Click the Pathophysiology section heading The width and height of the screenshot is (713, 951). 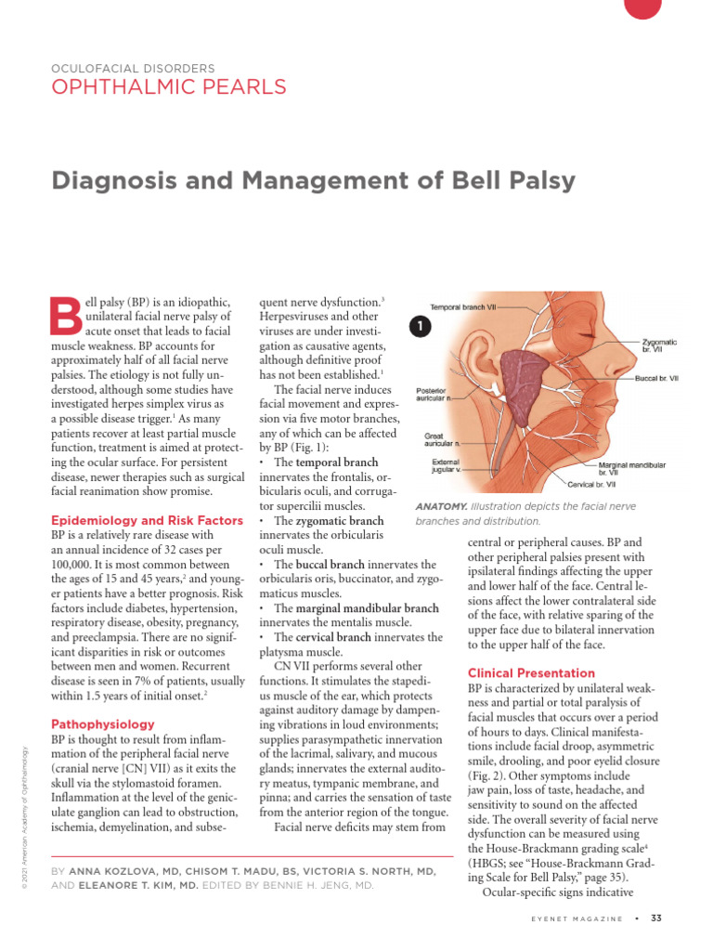point(103,723)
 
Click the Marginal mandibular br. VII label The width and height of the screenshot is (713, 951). point(631,468)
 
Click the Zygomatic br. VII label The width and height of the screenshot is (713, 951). point(659,346)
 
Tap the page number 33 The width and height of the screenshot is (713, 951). point(655,918)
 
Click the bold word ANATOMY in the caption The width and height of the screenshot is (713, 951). point(441,507)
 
